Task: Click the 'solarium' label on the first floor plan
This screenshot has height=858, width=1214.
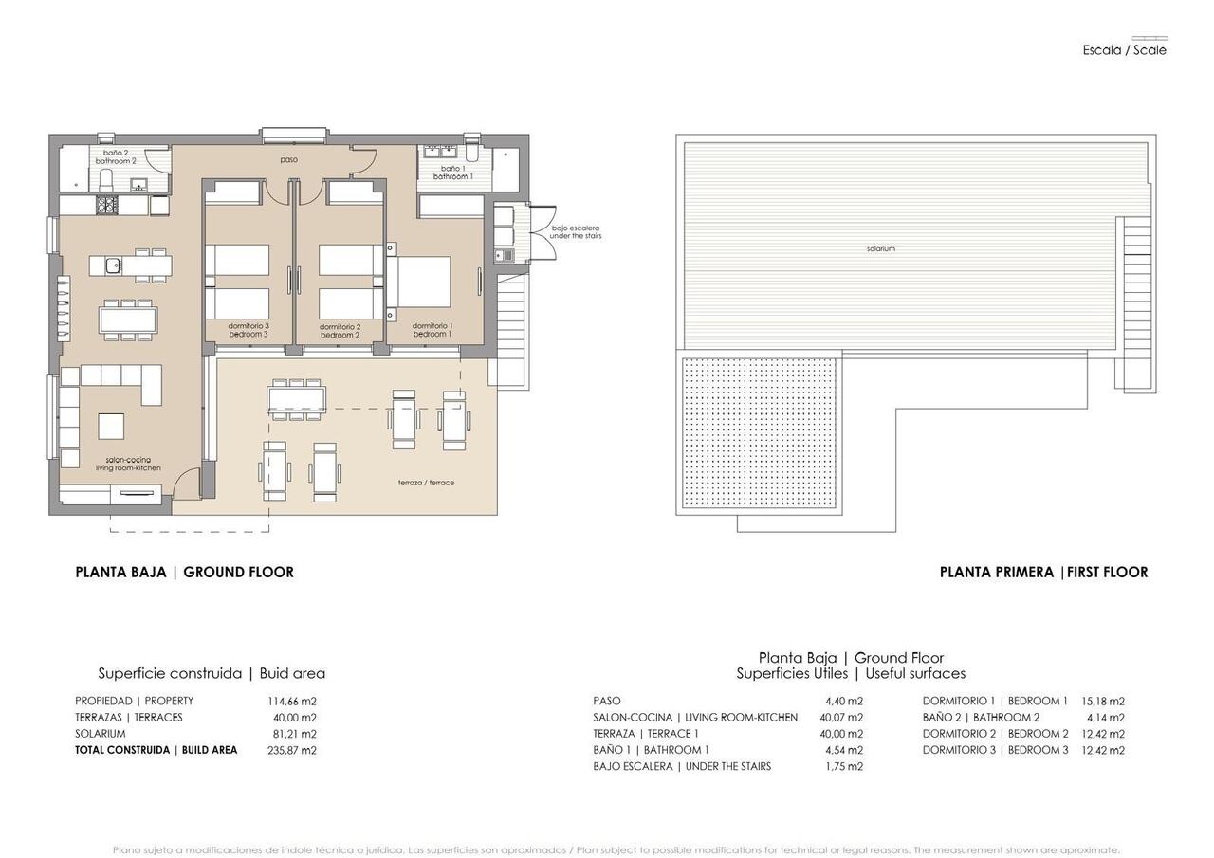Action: (x=880, y=248)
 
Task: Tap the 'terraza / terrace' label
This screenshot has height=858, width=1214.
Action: (x=426, y=483)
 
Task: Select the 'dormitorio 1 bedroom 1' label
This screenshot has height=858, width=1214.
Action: (x=432, y=330)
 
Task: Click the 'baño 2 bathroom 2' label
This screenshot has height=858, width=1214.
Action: (x=116, y=156)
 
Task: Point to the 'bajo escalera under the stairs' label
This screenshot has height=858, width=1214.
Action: (x=576, y=231)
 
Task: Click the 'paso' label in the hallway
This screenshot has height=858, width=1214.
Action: (x=288, y=159)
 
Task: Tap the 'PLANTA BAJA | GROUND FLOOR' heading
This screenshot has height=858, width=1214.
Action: (x=184, y=572)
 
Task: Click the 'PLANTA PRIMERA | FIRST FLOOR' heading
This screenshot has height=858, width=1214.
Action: (x=1043, y=572)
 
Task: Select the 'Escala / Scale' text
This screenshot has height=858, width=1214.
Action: (x=1124, y=50)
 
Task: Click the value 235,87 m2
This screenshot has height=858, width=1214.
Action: (x=292, y=750)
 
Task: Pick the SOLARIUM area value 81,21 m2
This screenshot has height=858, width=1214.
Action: (x=292, y=734)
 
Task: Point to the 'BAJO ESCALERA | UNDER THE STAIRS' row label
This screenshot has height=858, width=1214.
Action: (x=682, y=766)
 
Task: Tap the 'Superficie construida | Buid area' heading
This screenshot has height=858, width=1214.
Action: (x=212, y=673)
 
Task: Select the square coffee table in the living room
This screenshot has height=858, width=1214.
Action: (x=111, y=427)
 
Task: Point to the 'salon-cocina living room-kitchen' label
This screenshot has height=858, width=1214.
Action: (x=128, y=464)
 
